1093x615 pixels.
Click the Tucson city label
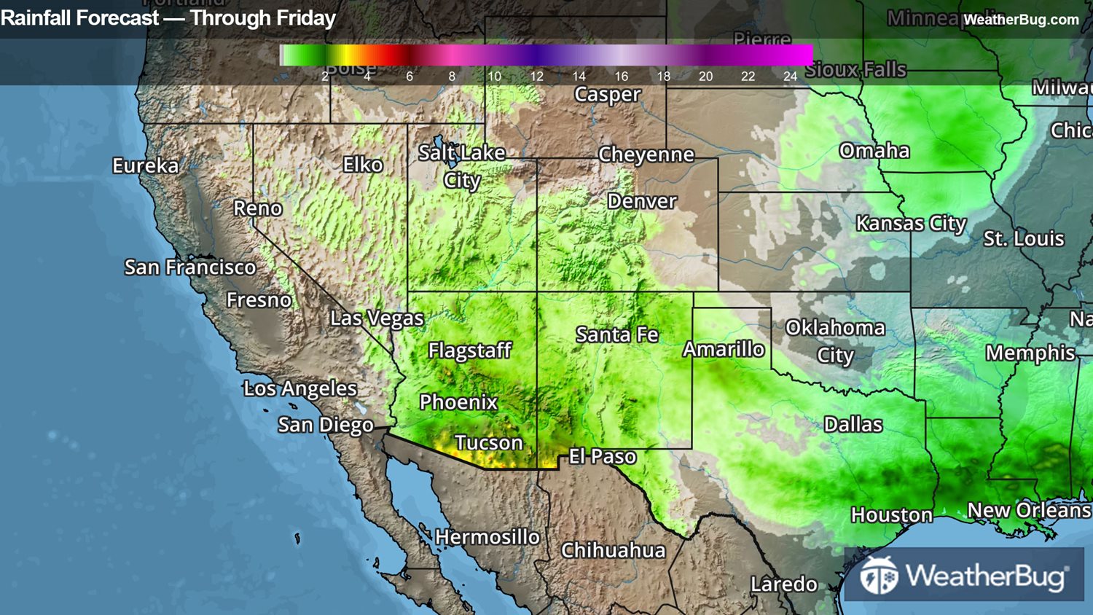(x=488, y=443)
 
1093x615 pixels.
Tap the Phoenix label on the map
(x=458, y=402)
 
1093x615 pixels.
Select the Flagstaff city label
(x=470, y=350)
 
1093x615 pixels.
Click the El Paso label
(x=602, y=457)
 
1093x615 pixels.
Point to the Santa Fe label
(x=616, y=334)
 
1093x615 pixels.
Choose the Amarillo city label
(x=724, y=350)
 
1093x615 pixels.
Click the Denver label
(x=642, y=201)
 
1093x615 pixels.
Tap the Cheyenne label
(x=646, y=154)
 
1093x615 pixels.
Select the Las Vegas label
(x=377, y=318)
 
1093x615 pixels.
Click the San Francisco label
(x=190, y=267)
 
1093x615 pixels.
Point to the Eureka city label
(x=145, y=166)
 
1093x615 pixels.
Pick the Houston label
(x=891, y=515)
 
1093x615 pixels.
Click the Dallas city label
(x=853, y=425)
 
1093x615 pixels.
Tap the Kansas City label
(x=911, y=224)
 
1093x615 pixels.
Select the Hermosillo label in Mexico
(x=487, y=537)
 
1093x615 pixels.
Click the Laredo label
(x=783, y=584)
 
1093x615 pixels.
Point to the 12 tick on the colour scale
(x=536, y=77)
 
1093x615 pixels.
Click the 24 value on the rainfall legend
(x=790, y=77)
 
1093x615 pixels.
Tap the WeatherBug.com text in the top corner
(x=1021, y=20)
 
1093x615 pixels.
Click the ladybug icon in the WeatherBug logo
(x=879, y=576)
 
